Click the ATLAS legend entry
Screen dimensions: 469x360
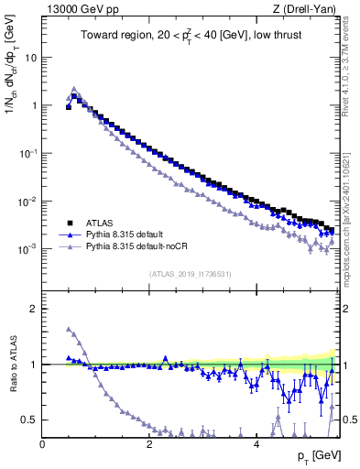click(x=101, y=222)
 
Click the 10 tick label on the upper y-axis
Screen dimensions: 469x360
click(x=31, y=57)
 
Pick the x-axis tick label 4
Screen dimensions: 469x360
click(x=256, y=443)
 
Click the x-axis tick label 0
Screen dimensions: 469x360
click(x=43, y=443)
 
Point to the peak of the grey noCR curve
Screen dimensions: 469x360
click(x=74, y=90)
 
